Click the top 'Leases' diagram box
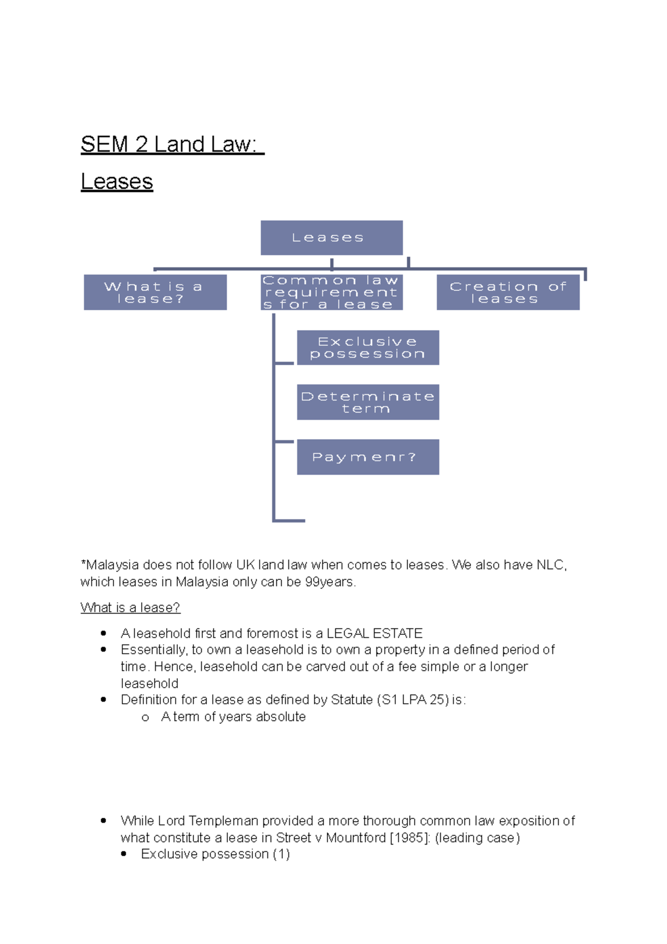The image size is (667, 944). (x=331, y=238)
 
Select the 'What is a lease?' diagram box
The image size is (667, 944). (x=155, y=292)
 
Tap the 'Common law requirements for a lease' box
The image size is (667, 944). (x=331, y=292)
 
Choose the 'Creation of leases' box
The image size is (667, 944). (x=507, y=292)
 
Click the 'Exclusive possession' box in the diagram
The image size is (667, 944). (x=367, y=347)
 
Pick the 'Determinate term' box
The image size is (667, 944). (x=367, y=402)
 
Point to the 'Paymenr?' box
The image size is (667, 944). (x=367, y=457)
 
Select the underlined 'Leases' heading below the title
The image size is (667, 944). (x=117, y=182)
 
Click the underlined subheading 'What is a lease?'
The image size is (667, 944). (x=131, y=608)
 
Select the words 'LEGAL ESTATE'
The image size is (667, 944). (x=375, y=633)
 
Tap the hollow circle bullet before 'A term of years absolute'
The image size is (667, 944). (x=146, y=718)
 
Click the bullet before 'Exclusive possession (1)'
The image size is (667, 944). (x=124, y=854)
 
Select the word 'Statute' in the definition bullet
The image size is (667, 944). (x=352, y=700)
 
